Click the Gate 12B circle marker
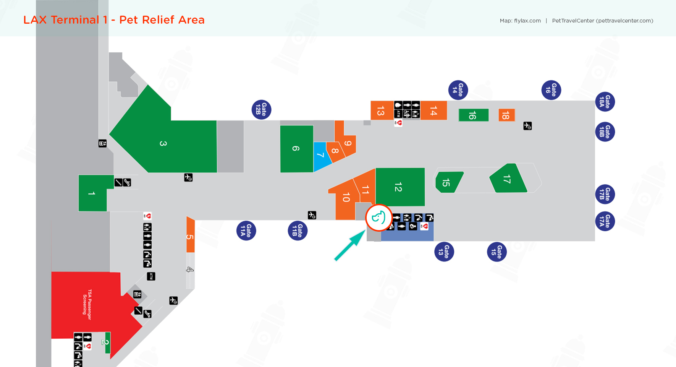coord(261,110)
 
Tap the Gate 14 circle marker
coord(458,90)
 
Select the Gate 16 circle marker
coord(551,90)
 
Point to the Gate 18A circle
coord(605,102)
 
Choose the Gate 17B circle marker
coord(605,194)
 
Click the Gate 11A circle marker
coord(246,231)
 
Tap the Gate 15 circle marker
coord(497,252)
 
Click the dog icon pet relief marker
coord(378,218)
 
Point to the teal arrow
coord(349,245)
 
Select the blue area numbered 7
coord(321,156)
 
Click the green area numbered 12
coord(400,187)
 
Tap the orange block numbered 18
coord(506,115)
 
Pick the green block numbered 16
coord(473,115)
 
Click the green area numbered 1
coord(92,193)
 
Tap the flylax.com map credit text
coord(527,21)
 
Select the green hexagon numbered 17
coord(508,179)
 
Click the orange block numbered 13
coord(382,111)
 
